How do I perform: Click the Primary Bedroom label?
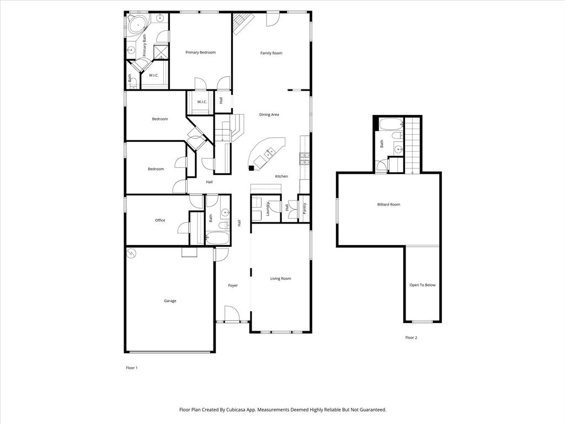(x=200, y=52)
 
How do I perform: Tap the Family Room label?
(x=271, y=53)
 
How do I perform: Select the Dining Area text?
(x=269, y=115)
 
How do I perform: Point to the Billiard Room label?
(x=388, y=204)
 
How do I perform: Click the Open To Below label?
(x=422, y=285)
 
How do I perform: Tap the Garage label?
(x=170, y=301)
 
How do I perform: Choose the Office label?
(x=160, y=220)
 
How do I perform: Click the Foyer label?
(x=233, y=285)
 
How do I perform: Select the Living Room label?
(x=280, y=279)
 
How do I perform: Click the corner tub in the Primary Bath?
(x=137, y=24)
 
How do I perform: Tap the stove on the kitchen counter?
(x=304, y=159)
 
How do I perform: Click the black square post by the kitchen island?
(x=251, y=168)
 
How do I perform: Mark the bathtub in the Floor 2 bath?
(x=392, y=123)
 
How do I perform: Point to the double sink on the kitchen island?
(x=271, y=151)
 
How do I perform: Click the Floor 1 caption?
(x=131, y=368)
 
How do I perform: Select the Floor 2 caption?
(x=411, y=337)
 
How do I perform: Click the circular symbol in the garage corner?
(x=132, y=253)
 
